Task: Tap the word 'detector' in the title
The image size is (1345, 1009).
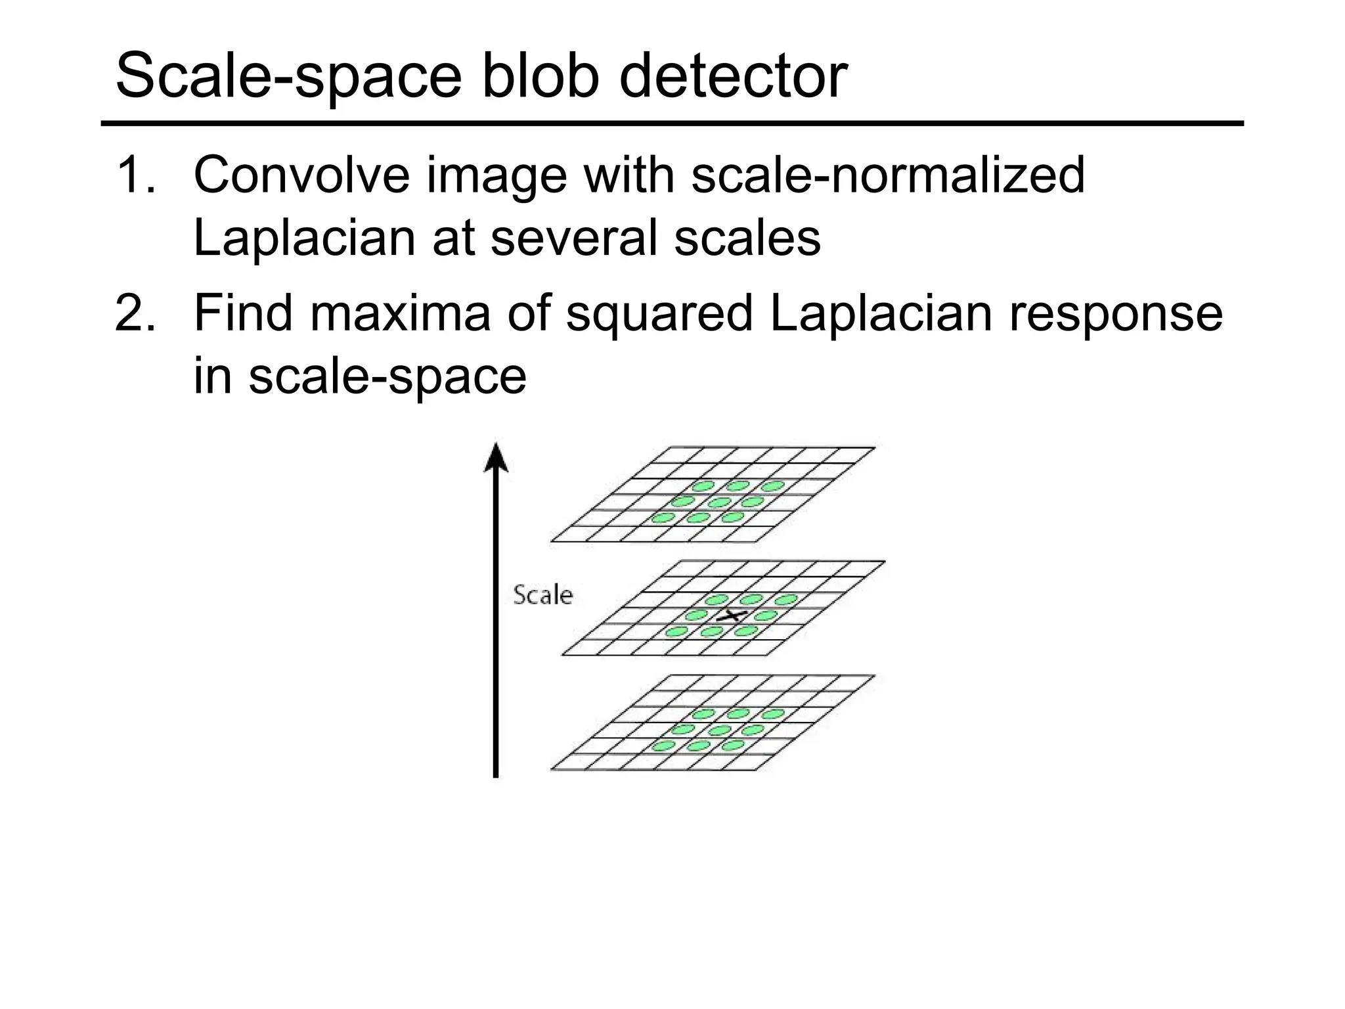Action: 733,77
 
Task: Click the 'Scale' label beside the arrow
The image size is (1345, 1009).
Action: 542,595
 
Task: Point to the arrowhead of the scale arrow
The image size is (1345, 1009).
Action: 496,457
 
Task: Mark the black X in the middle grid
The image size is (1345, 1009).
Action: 730,616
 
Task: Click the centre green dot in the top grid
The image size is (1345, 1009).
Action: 720,503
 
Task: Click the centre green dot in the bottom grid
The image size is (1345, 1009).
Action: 720,730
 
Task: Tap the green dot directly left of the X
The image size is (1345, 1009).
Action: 695,616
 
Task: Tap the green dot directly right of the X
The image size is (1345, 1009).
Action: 766,616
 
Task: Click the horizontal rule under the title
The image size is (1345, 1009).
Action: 672,123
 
